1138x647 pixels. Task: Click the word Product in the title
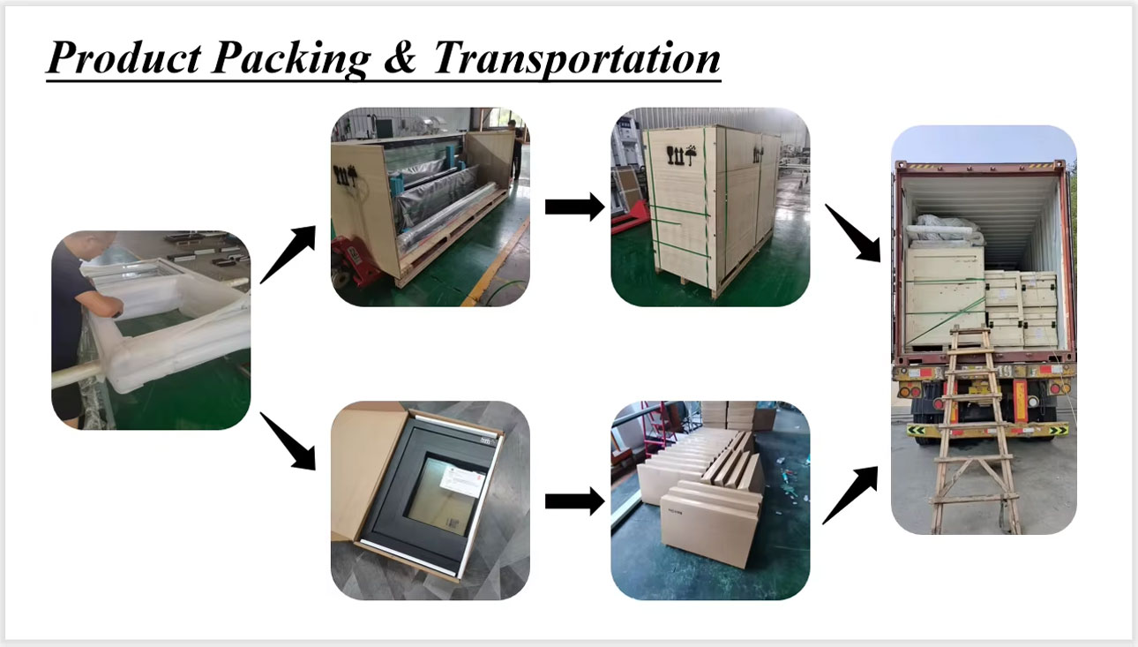125,57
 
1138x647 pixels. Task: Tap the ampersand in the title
400,56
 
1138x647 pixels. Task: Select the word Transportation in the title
577,59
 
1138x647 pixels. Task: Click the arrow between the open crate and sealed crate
574,207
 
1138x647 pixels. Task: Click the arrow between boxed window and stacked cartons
574,501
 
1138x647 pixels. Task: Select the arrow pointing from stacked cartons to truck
850,495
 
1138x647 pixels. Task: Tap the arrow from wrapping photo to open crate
288,254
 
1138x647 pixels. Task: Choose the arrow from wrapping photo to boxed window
288,441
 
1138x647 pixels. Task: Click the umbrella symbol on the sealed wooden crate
691,154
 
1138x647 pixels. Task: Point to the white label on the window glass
462,481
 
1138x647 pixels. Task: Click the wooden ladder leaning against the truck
975,432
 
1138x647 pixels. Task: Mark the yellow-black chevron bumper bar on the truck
988,431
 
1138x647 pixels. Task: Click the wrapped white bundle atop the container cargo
946,229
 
